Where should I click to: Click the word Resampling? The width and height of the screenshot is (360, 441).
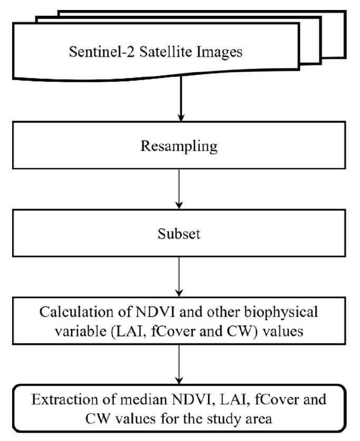click(x=179, y=146)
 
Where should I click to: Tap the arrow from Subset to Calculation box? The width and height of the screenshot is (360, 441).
click(x=180, y=276)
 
